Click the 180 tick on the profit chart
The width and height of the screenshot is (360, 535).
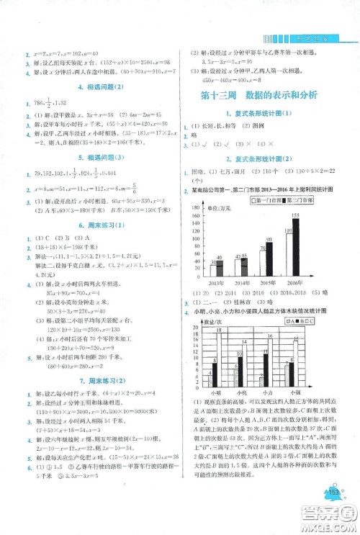(195, 207)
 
